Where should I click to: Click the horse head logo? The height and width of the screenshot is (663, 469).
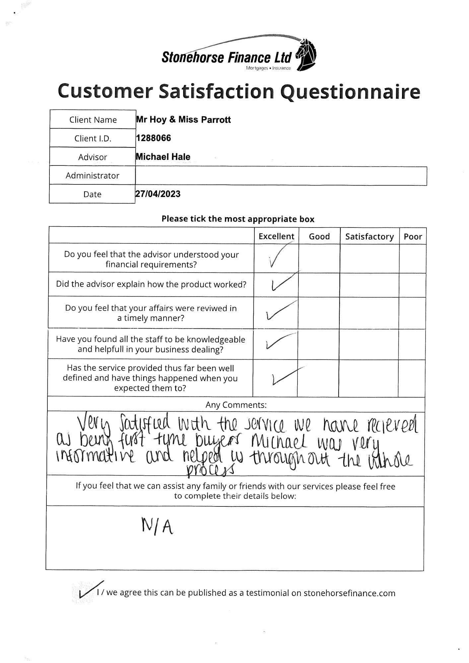306,55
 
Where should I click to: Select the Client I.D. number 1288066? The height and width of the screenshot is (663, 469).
154,138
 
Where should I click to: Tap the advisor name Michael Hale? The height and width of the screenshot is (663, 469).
163,157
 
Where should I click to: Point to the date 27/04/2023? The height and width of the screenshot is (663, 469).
158,194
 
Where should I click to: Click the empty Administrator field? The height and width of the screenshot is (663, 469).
281,176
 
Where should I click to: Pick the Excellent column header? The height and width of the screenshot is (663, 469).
276,236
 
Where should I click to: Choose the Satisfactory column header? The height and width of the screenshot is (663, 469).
369,236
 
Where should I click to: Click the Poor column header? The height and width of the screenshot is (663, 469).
413,236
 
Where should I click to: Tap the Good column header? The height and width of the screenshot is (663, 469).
319,236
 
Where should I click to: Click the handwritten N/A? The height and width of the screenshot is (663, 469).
157,526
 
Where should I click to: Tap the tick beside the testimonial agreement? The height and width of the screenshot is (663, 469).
89,589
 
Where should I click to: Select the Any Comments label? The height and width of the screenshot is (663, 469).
236,405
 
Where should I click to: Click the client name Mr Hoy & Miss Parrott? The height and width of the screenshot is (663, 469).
183,119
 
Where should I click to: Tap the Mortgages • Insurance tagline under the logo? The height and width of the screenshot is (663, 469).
268,68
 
